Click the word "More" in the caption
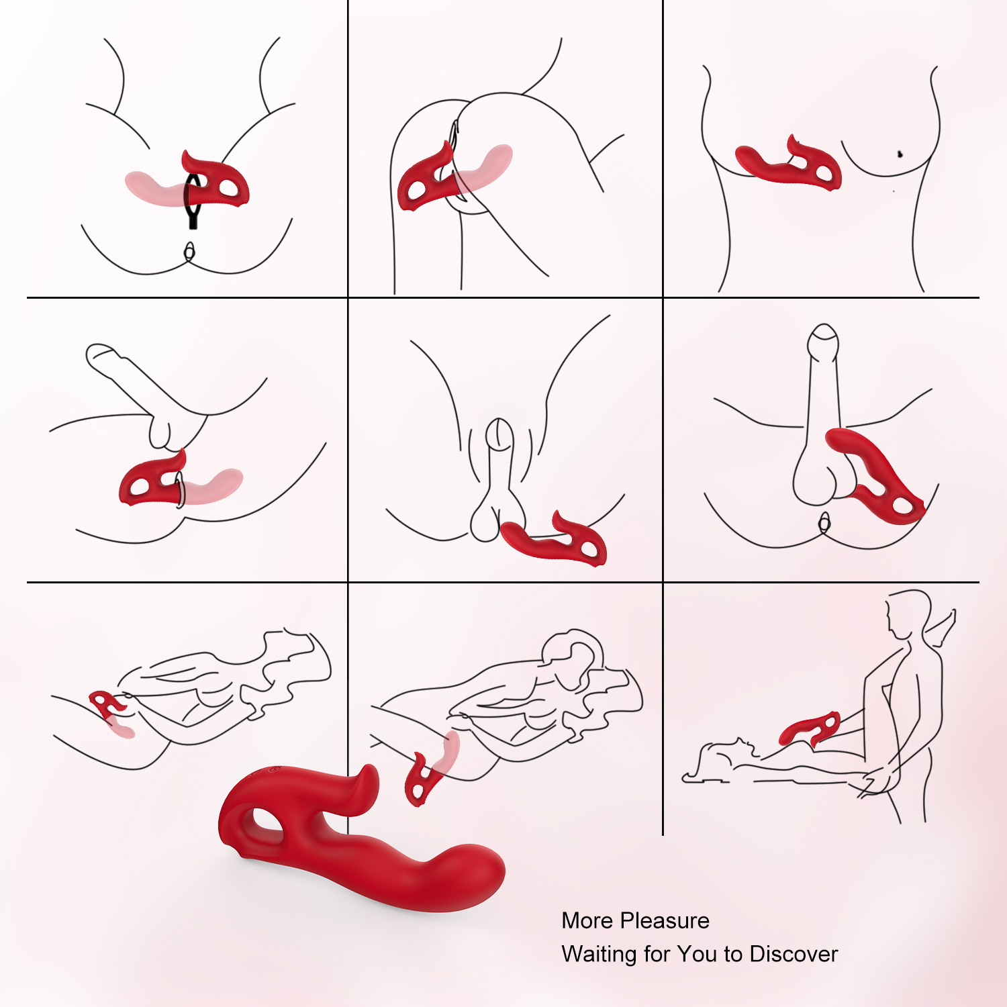point(585,920)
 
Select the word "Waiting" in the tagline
point(599,955)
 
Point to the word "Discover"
point(794,954)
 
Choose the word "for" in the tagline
point(657,954)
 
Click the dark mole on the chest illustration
point(900,154)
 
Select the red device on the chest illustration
point(789,164)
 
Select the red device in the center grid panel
point(555,539)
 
